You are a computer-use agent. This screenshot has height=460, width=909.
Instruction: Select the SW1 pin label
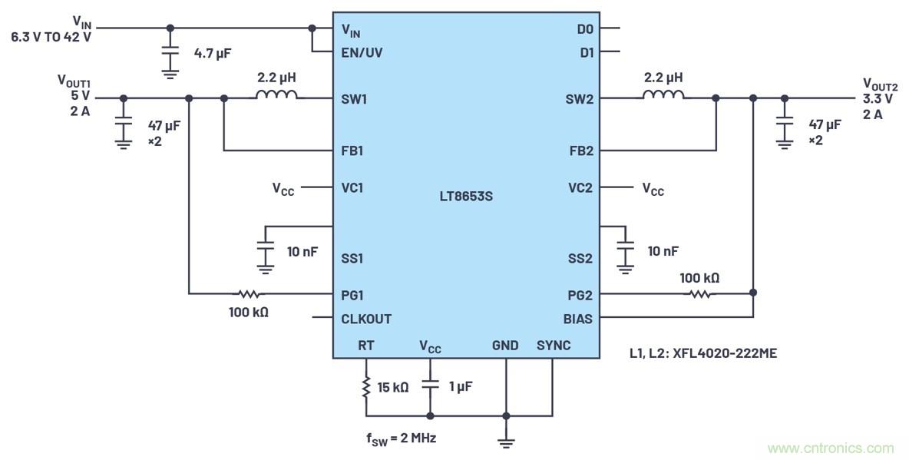click(x=353, y=99)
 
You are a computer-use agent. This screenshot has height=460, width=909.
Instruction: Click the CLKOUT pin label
click(x=366, y=319)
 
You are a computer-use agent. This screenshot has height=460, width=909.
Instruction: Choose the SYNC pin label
click(x=554, y=346)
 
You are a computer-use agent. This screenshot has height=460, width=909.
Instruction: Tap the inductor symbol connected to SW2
click(x=663, y=96)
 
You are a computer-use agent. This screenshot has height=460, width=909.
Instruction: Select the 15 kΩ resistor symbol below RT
click(x=366, y=387)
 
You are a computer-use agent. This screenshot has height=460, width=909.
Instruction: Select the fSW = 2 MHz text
click(x=401, y=438)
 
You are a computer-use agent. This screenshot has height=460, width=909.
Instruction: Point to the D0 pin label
click(x=585, y=29)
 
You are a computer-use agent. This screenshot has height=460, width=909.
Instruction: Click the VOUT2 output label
click(x=880, y=84)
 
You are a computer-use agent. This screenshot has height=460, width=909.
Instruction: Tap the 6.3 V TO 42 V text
click(x=51, y=36)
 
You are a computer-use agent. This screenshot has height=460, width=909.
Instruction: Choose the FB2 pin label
click(x=580, y=151)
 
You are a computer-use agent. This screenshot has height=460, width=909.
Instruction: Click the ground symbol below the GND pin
click(x=506, y=441)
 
